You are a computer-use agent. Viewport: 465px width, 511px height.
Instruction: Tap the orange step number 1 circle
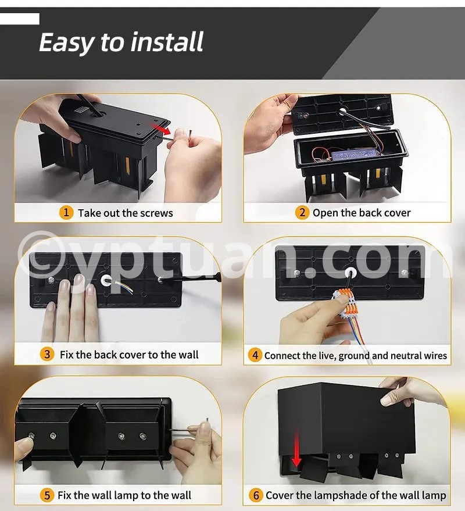click(66, 213)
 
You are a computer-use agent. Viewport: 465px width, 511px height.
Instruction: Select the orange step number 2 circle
click(302, 213)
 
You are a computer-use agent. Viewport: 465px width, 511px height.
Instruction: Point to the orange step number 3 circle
click(47, 354)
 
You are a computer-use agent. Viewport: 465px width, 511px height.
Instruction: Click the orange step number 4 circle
click(255, 355)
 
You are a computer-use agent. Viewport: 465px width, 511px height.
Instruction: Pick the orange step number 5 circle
click(47, 495)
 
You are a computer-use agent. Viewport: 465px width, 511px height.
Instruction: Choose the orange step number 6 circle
click(256, 495)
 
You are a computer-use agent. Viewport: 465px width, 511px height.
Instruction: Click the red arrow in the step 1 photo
click(160, 128)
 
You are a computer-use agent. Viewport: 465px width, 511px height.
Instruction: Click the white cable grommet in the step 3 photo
click(106, 281)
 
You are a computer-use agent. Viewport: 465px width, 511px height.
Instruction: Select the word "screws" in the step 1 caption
click(156, 213)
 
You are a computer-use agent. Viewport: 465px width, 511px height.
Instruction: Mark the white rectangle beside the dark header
click(20, 19)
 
